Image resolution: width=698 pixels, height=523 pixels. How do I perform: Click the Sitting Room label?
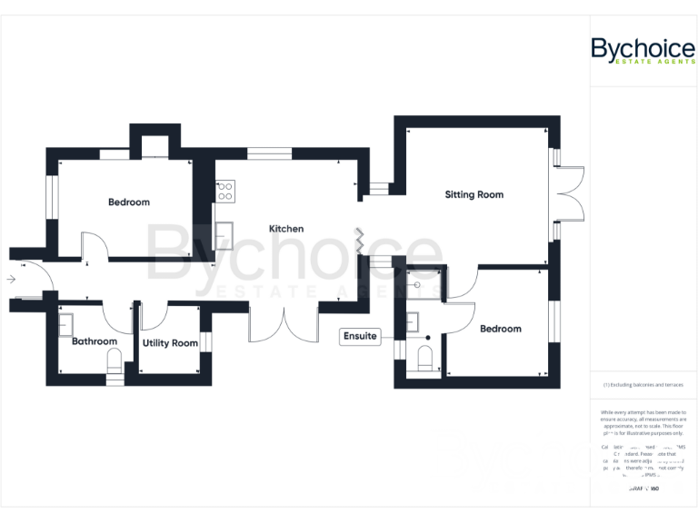[474, 194]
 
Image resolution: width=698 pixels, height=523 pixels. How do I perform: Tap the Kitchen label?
[285, 229]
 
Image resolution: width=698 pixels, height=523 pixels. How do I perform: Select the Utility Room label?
[170, 343]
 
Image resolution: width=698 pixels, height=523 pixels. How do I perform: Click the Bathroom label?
[95, 341]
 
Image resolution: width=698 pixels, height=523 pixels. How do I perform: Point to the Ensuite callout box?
[359, 336]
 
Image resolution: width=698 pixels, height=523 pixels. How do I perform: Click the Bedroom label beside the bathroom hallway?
[128, 202]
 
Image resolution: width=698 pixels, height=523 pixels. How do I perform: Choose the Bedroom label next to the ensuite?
[500, 329]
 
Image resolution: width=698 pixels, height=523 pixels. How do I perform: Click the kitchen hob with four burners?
[224, 191]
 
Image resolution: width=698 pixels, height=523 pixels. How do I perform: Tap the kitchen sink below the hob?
[224, 235]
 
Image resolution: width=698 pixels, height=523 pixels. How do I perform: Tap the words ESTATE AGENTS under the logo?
[655, 62]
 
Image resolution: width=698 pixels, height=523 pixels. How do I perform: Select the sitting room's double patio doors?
[570, 194]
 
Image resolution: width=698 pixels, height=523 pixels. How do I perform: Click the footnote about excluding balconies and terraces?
[643, 385]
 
